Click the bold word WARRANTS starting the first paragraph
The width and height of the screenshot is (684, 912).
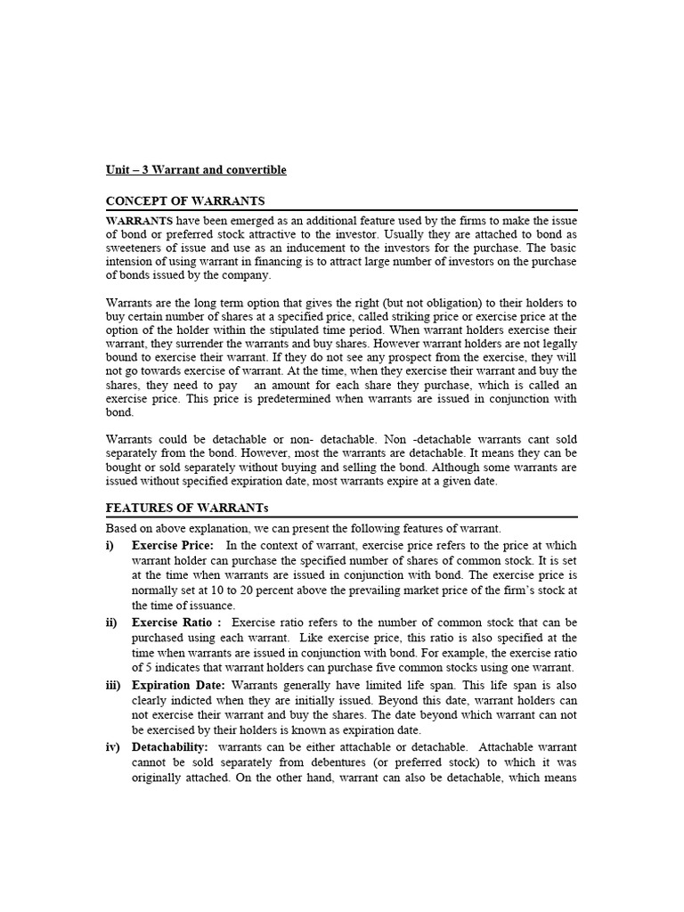[x=139, y=220]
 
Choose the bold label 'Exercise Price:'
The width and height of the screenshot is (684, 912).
[x=172, y=545]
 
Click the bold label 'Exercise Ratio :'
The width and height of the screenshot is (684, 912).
[x=176, y=623]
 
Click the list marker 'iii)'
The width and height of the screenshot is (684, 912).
[x=114, y=685]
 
